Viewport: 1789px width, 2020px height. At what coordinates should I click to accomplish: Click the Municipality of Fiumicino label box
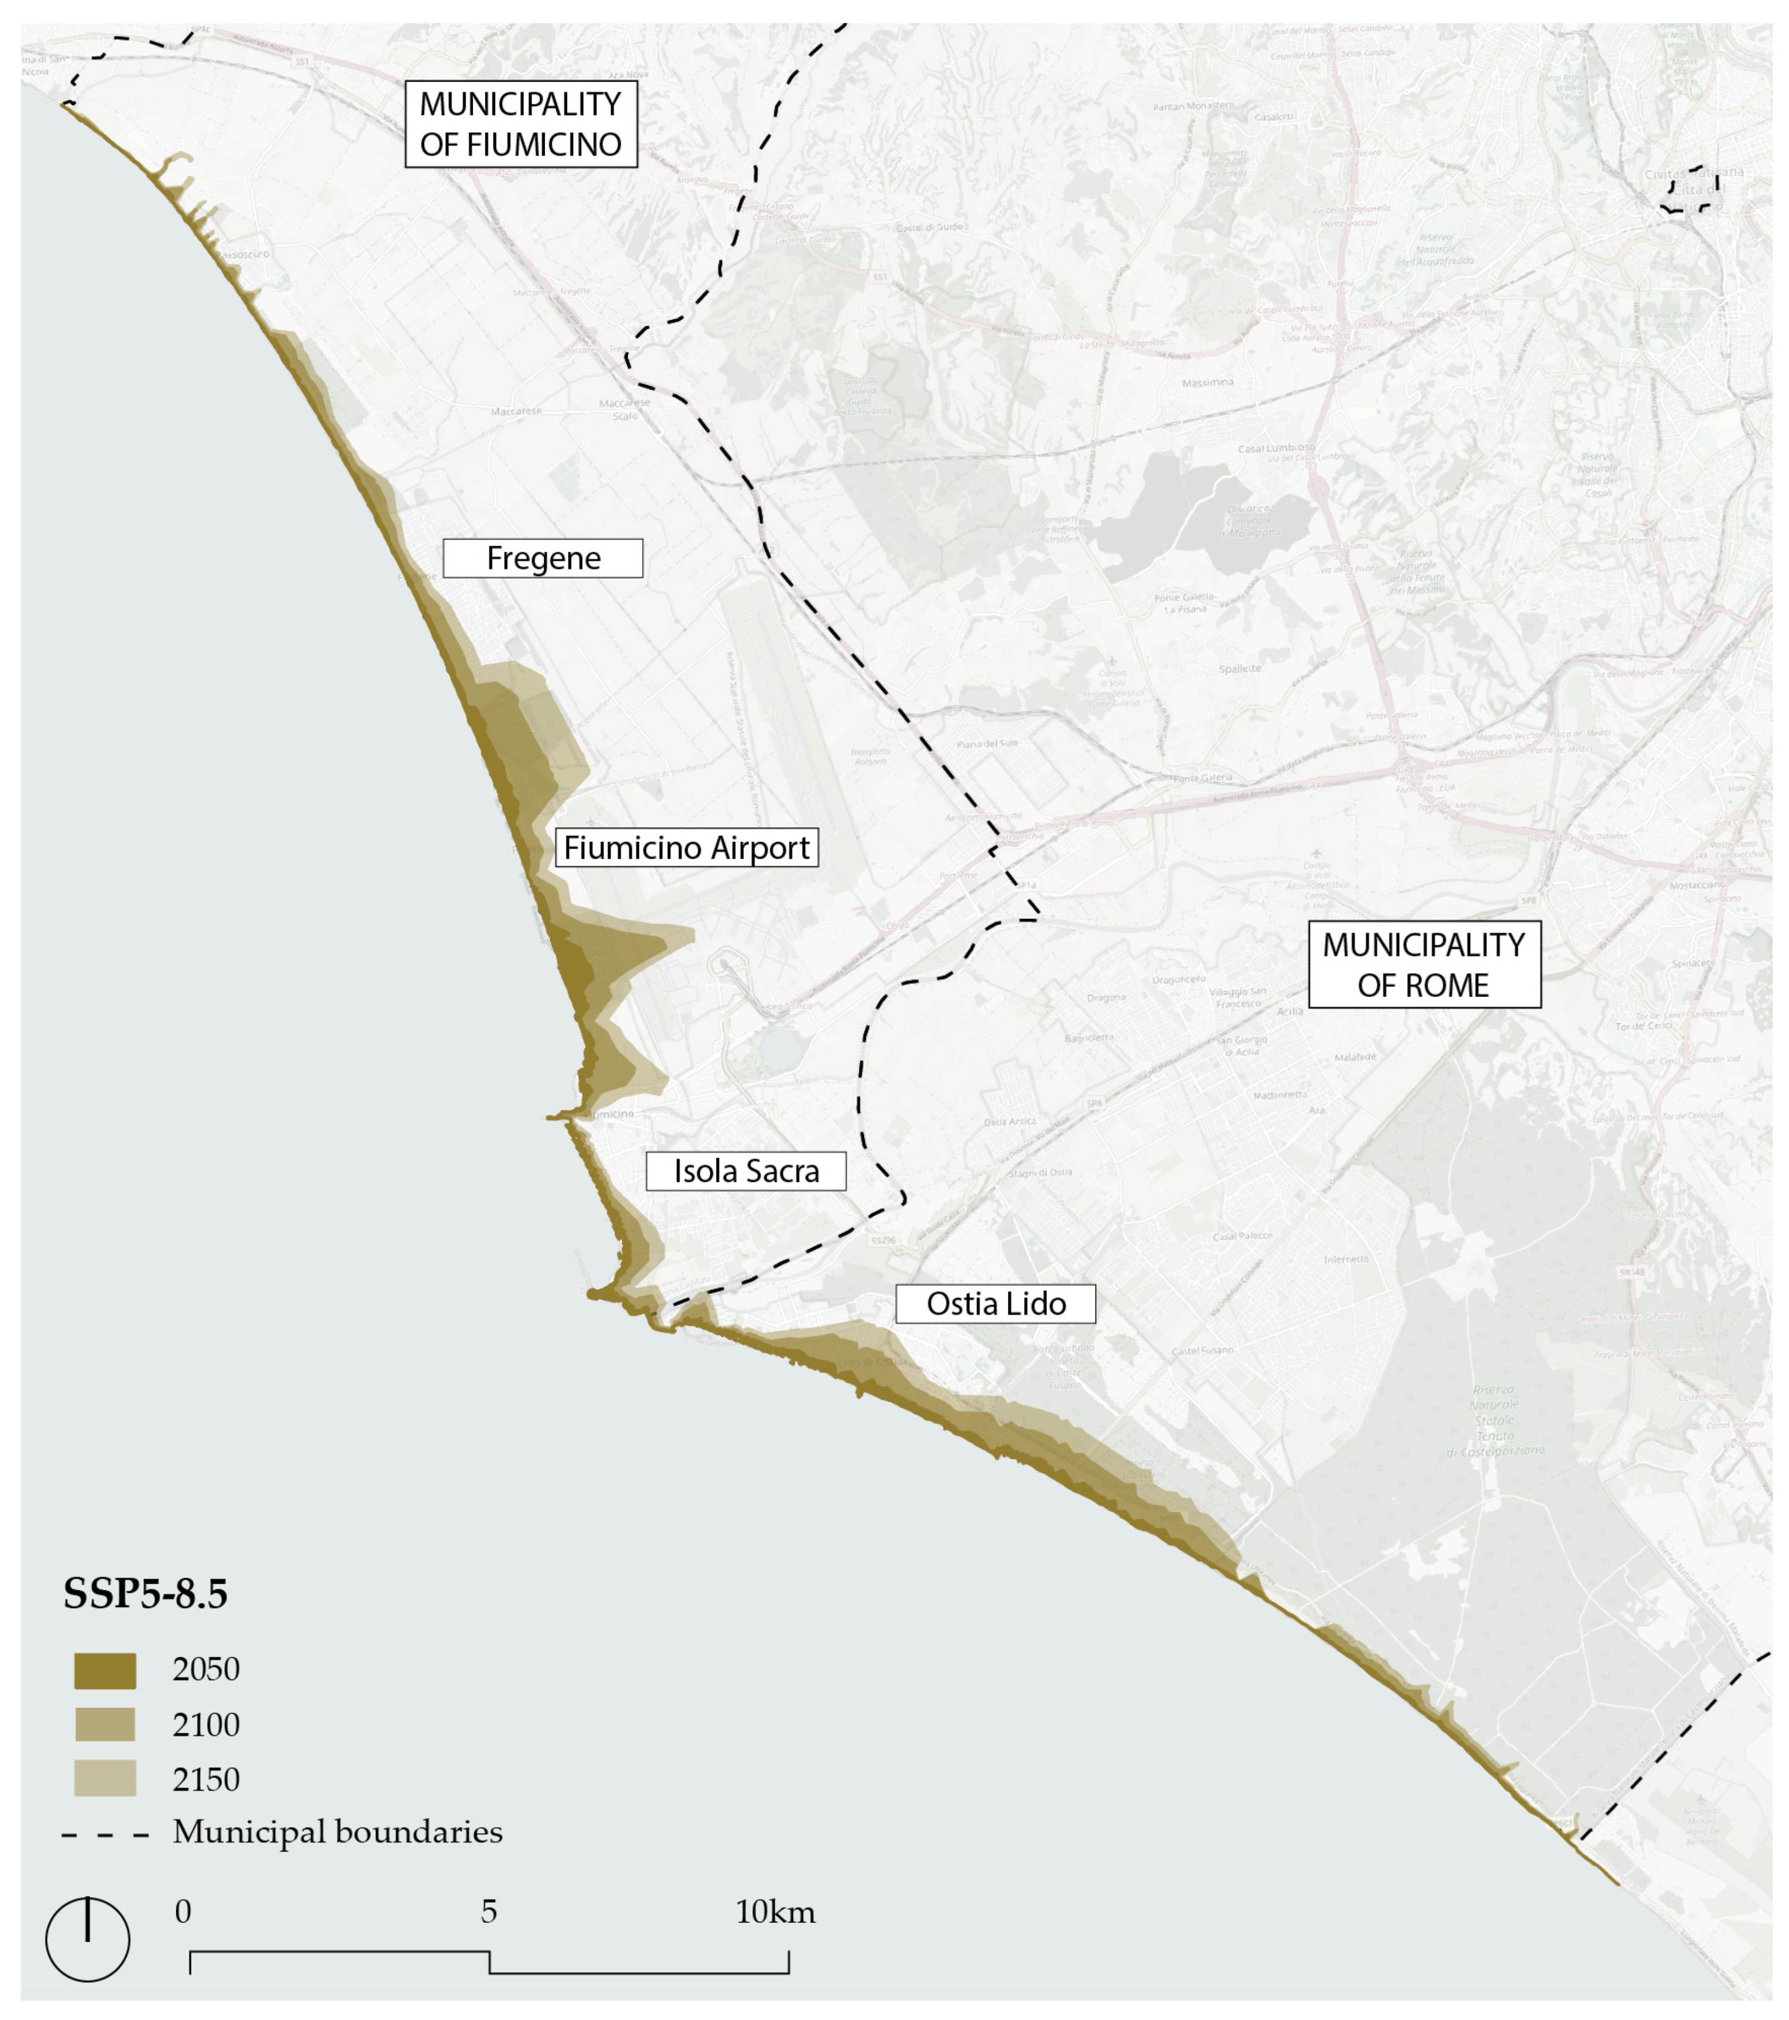(521, 123)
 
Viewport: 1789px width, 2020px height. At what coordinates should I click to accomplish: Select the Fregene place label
(543, 558)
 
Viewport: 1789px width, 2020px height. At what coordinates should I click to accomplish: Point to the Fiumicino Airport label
(687, 847)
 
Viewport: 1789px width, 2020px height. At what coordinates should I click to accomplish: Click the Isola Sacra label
(746, 1171)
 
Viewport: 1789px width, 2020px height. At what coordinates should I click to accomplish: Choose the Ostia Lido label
(995, 1304)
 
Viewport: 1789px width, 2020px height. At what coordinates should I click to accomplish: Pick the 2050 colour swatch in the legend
(104, 1670)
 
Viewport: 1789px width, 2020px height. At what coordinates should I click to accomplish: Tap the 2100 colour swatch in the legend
(104, 1724)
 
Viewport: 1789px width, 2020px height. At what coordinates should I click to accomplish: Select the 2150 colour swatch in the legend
(104, 1779)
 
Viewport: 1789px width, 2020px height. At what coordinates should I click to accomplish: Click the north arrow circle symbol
(88, 1939)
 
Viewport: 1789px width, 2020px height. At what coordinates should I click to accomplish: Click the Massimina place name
(1207, 382)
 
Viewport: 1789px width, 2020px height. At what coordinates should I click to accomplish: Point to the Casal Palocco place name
(1242, 1236)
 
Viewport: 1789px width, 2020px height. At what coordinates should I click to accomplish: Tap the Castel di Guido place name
(929, 227)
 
